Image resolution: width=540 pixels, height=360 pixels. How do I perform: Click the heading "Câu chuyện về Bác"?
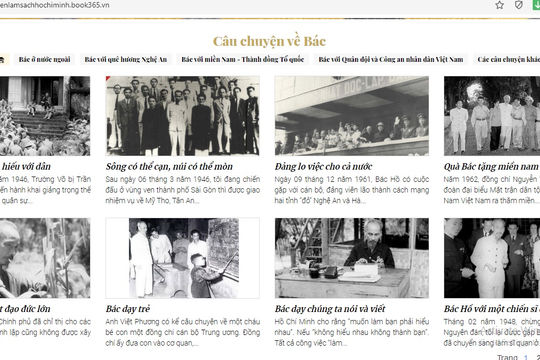pyautogui.click(x=269, y=41)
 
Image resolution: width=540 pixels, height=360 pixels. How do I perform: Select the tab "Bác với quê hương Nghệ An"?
pyautogui.click(x=127, y=60)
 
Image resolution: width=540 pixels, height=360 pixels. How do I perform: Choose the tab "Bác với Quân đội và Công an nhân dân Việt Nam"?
pyautogui.click(x=386, y=60)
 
